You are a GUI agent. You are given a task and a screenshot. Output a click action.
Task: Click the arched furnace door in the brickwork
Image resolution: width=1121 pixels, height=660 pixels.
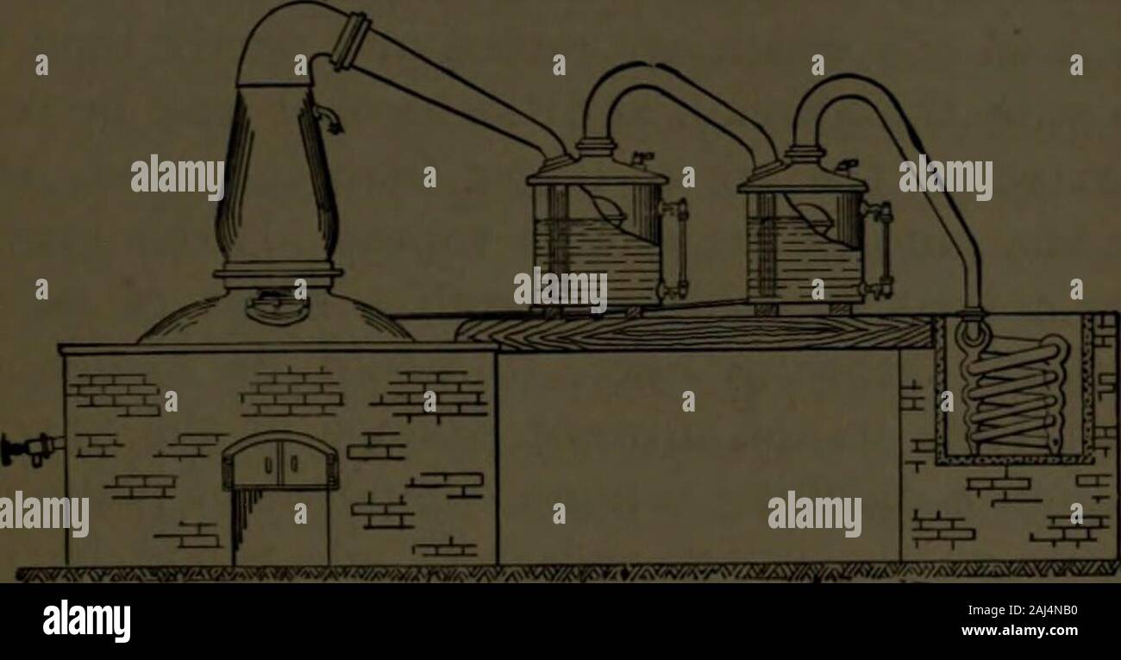[x=280, y=461]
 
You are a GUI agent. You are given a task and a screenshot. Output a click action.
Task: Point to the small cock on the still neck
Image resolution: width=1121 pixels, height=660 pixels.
[x=329, y=118]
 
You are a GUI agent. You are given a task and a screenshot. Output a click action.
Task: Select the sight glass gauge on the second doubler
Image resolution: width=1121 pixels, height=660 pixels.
[x=880, y=248]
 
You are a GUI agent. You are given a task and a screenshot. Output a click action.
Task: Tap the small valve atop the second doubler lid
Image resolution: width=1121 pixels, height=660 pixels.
[x=847, y=167]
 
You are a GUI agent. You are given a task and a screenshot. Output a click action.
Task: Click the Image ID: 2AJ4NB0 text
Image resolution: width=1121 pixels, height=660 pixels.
[x=1023, y=611]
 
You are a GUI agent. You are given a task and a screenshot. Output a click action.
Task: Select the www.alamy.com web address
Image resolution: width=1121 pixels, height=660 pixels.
[x=1019, y=631]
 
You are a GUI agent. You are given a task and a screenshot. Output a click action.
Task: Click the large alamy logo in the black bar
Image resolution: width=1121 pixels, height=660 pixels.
[x=86, y=620]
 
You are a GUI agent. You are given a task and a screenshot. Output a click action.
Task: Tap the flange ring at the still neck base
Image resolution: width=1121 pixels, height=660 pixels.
[x=279, y=273]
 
